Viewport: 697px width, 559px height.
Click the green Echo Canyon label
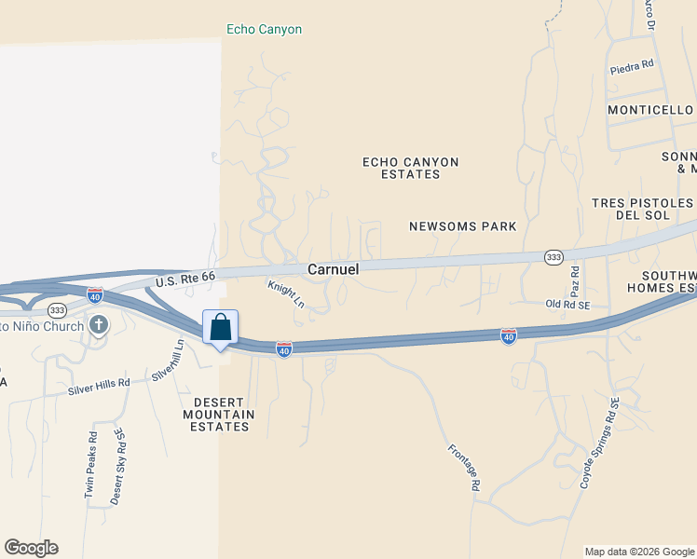[x=265, y=30]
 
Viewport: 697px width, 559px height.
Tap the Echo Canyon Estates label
[x=411, y=168]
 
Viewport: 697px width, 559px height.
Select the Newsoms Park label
[x=462, y=226]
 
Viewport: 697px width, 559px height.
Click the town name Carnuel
[x=334, y=268]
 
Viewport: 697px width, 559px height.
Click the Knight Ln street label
[x=286, y=294]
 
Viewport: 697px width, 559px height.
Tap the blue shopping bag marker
[x=220, y=329]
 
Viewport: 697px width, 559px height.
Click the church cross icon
[x=99, y=325]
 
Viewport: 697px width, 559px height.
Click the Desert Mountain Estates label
[x=217, y=414]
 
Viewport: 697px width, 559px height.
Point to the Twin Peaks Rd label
[x=91, y=464]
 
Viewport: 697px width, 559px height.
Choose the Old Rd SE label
[x=568, y=304]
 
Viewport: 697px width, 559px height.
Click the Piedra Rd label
[x=633, y=69]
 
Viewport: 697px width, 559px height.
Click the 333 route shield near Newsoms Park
[x=553, y=256]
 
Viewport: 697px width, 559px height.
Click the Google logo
[x=31, y=548]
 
